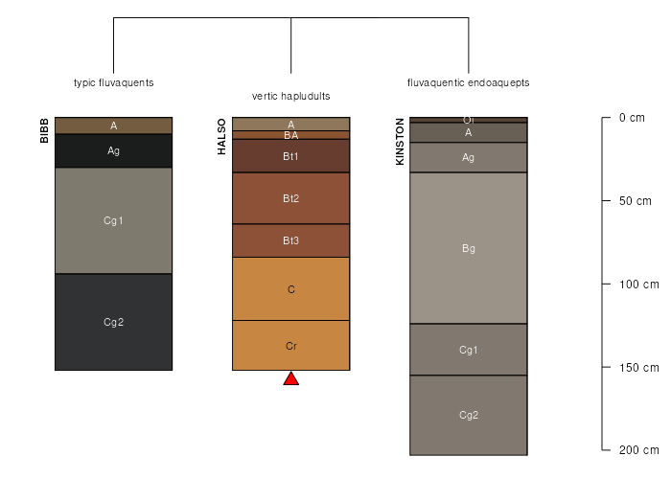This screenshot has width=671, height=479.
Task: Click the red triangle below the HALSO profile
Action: click(291, 379)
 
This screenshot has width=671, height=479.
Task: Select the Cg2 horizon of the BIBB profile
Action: click(113, 322)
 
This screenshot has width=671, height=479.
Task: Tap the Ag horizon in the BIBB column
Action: click(113, 150)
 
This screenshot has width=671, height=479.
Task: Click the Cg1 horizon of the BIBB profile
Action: click(113, 220)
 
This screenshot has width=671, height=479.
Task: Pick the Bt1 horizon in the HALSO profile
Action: click(291, 156)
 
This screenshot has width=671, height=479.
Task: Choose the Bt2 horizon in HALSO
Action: click(291, 198)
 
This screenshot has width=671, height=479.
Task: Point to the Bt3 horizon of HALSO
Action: click(291, 240)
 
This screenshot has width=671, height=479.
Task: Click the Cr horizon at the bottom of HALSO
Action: click(291, 345)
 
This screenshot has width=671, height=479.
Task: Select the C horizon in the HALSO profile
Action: click(291, 288)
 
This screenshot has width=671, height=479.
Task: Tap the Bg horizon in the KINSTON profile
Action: click(469, 248)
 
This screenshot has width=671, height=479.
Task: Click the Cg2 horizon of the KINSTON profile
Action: click(469, 415)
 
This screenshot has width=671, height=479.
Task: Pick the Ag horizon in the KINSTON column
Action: click(469, 157)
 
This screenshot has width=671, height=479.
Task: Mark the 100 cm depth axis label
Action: click(638, 285)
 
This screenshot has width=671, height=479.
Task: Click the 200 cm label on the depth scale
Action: click(638, 450)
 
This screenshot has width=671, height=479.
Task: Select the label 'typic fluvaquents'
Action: click(113, 82)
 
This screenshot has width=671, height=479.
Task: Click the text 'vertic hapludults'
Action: click(291, 97)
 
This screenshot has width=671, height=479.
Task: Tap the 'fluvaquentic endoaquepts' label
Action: click(469, 82)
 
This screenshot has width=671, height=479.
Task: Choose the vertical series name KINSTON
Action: click(401, 142)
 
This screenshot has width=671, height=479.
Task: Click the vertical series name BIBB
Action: click(44, 131)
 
